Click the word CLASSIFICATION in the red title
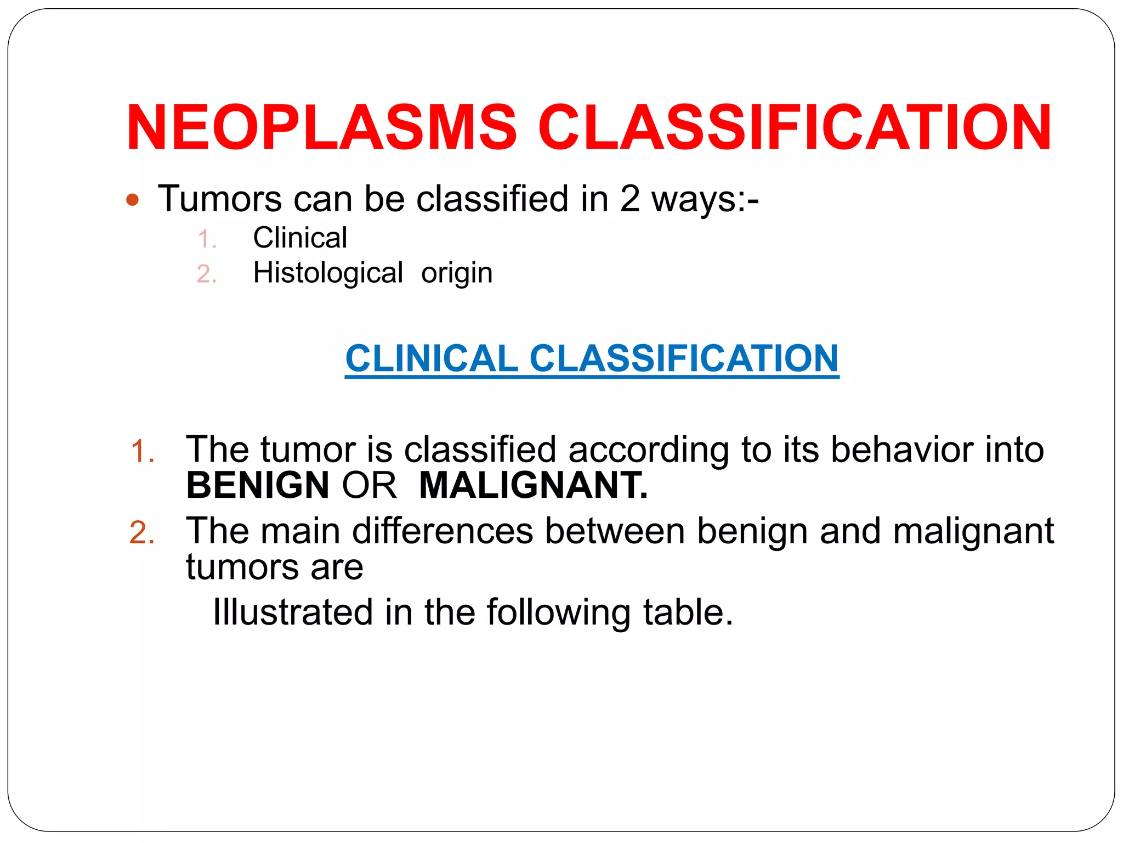point(795,127)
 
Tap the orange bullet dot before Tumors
point(132,200)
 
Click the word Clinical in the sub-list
point(300,238)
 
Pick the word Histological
point(328,273)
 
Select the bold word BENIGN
point(258,486)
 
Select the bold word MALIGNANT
point(533,486)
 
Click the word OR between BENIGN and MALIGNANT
point(369,486)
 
